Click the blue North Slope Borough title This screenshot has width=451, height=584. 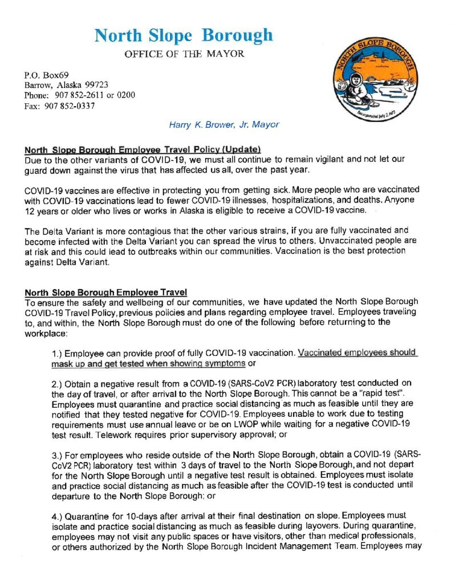(x=184, y=35)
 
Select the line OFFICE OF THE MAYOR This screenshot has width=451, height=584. (x=184, y=54)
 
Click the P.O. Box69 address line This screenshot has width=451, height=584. (x=46, y=75)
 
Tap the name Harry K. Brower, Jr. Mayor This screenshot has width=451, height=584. (x=224, y=124)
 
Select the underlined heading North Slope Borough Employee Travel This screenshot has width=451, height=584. (x=106, y=292)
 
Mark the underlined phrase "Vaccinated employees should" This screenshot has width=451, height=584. (x=357, y=352)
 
